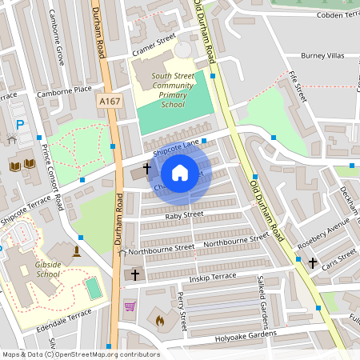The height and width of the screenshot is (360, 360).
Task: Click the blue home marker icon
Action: coord(180,173)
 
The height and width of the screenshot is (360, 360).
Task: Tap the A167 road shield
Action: coord(110,102)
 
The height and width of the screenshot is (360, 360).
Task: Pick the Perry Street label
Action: coord(182,311)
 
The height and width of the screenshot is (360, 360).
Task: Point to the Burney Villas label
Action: coord(322,56)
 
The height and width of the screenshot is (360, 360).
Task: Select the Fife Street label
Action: coord(298,86)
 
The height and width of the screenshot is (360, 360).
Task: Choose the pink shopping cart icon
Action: coord(130,306)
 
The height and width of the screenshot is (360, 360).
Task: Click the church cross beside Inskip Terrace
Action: coord(134,274)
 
